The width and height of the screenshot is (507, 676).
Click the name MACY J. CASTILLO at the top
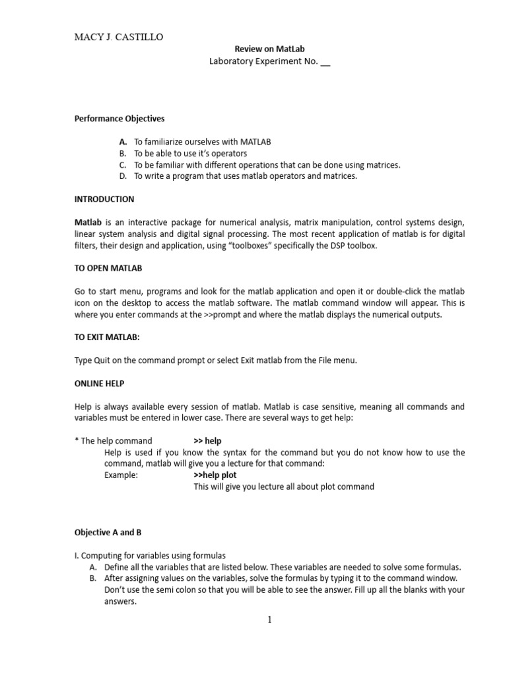pos(118,37)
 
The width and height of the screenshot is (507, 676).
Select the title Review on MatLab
pos(270,49)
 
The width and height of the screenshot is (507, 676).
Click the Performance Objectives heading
pos(119,119)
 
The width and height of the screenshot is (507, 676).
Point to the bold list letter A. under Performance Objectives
pos(123,141)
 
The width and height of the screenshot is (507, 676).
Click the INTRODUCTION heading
pos(104,199)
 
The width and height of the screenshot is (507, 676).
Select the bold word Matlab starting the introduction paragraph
pos(87,222)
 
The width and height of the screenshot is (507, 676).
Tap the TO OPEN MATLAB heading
pos(108,268)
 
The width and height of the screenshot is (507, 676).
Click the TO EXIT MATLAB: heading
pos(107,337)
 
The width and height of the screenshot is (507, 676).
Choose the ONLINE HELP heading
pos(100,383)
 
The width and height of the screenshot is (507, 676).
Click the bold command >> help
pos(207,440)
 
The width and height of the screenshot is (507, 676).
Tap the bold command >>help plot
pos(215,475)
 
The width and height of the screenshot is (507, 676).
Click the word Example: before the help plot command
pos(121,475)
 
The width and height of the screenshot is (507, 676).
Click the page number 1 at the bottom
pos(269,619)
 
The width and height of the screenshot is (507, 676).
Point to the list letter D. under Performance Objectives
pos(123,176)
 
